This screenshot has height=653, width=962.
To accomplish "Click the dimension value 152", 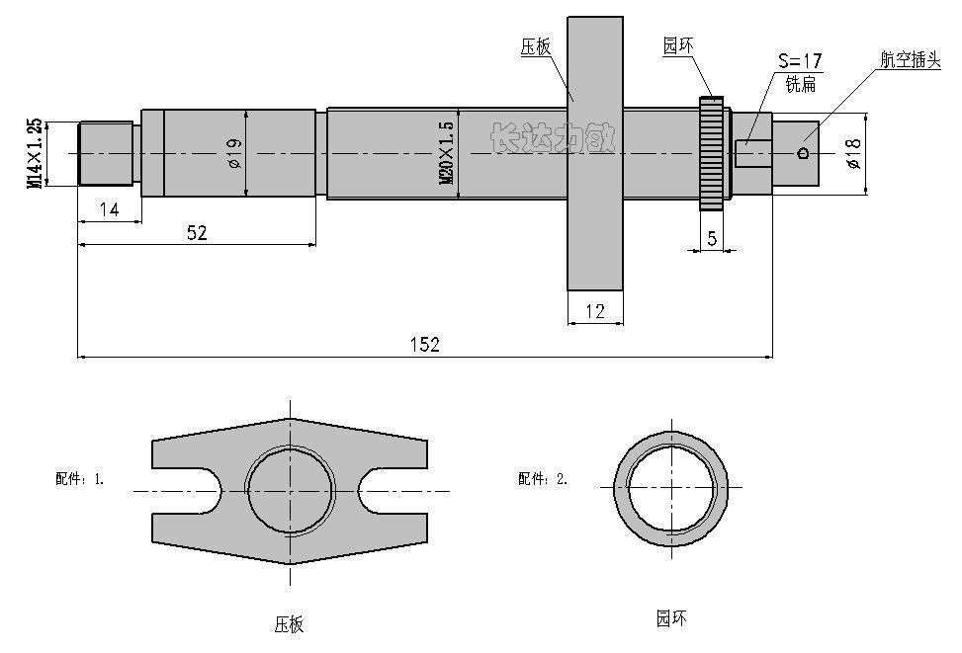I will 425,344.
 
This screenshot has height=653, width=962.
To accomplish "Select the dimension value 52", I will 197,232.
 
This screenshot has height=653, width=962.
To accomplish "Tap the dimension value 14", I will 109,209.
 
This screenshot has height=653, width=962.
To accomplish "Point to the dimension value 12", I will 595,311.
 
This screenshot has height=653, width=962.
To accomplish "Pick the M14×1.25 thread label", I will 36,153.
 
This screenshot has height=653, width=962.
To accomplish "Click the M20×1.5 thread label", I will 446,153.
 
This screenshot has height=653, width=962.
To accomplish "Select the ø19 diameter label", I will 234,153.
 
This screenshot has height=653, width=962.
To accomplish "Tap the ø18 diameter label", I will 854,153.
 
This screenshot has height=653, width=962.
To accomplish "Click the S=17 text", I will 799,62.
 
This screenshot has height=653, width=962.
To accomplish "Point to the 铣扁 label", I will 800,85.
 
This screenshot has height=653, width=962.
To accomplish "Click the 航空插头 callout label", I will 911,59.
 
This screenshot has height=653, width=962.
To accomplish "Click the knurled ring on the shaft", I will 711,152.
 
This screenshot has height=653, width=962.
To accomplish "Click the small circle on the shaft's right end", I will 803,152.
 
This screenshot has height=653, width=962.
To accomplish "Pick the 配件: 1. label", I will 79,479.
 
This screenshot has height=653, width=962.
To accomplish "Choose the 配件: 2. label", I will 543,479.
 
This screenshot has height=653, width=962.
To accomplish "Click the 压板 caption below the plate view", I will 289,624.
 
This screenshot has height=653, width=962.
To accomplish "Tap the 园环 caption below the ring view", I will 670,619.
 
